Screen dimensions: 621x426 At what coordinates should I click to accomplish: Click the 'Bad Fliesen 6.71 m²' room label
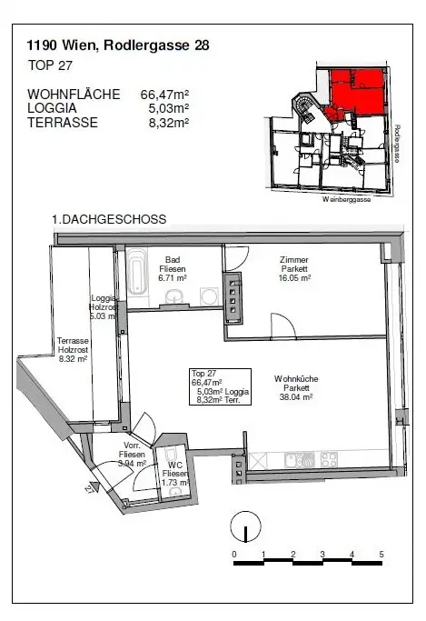click(172, 269)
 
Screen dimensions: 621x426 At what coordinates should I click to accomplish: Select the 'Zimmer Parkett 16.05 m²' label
click(294, 269)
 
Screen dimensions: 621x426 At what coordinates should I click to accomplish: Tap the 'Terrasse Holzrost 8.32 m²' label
click(72, 349)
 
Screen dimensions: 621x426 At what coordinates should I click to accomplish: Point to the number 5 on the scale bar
click(381, 554)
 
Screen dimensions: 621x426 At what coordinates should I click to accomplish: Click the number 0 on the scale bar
click(234, 554)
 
